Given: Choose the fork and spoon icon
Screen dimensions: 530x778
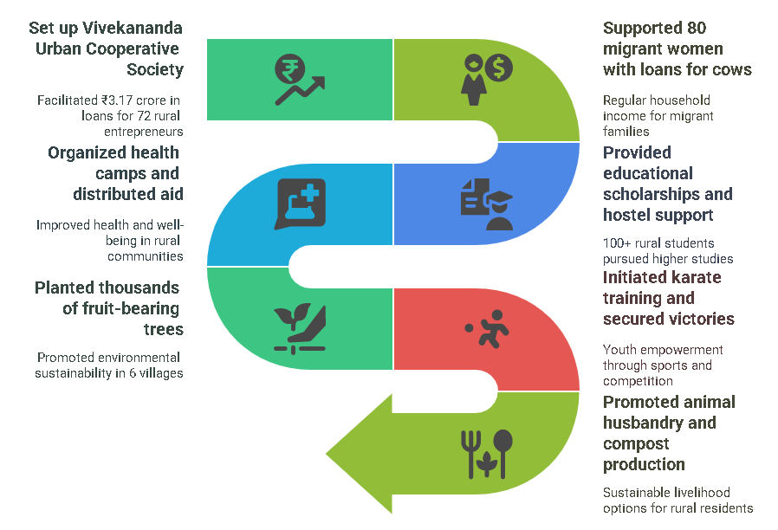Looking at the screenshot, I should [486, 453].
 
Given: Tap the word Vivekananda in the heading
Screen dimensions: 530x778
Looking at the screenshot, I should [126, 28].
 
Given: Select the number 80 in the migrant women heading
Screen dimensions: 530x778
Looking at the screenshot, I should [696, 28].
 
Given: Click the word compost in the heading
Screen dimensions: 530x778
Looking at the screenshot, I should [636, 443].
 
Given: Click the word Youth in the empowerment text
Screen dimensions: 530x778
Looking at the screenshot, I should [620, 350].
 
